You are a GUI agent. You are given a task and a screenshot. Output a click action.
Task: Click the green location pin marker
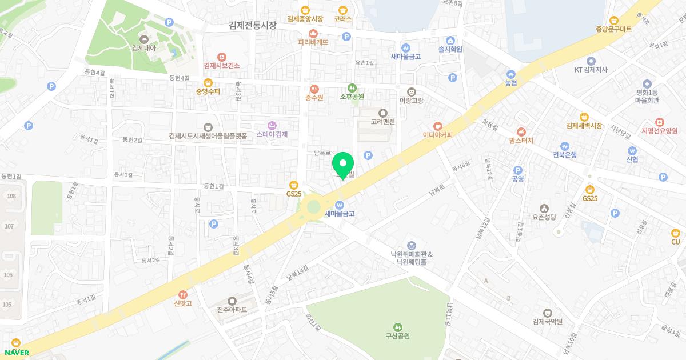[343, 163]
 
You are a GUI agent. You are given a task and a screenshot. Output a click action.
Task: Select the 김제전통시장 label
[252, 25]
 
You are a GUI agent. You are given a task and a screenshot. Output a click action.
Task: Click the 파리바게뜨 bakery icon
[313, 33]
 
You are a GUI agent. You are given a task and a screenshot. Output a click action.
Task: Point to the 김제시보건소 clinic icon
[222, 57]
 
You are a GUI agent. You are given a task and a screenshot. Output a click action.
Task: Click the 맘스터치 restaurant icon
[521, 131]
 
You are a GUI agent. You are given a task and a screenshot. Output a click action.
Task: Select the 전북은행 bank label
[564, 155]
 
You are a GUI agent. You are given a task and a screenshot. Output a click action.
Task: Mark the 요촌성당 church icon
[544, 208]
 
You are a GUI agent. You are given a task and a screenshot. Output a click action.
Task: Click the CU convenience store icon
[676, 233]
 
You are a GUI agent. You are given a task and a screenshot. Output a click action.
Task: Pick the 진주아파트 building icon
[232, 301]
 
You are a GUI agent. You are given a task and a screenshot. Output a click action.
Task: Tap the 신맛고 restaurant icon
[183, 294]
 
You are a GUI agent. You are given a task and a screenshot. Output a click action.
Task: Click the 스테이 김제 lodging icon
[272, 125]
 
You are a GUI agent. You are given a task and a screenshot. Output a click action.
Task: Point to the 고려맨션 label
[382, 121]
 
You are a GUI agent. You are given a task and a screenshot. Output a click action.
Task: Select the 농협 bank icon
[511, 73]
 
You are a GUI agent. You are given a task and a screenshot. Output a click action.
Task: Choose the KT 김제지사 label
[591, 70]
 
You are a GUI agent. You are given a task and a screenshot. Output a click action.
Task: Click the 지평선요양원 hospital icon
[659, 122]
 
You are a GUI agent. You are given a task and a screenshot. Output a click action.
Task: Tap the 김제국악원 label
[547, 322]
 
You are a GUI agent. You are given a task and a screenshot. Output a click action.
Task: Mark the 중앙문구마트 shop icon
[614, 19]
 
